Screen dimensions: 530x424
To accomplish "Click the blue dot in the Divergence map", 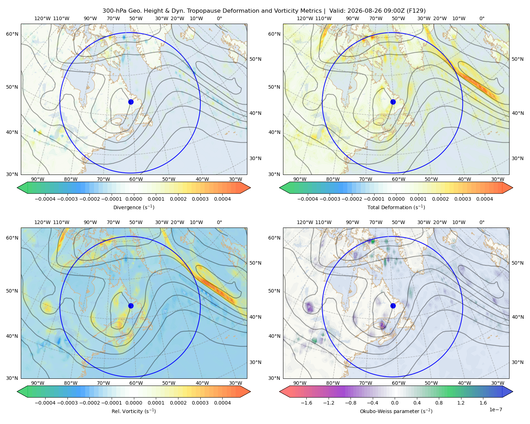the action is [131, 102].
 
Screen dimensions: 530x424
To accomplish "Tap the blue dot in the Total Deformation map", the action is [393, 102].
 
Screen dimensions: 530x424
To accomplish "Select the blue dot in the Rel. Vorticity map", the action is [131, 306].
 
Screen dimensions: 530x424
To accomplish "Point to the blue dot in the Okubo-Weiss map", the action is [393, 306].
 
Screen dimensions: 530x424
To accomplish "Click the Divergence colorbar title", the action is [134, 207].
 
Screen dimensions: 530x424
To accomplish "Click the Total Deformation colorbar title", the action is [396, 207].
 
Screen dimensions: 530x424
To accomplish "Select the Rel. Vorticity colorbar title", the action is [134, 411].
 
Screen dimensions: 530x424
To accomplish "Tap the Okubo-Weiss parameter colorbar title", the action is [396, 411].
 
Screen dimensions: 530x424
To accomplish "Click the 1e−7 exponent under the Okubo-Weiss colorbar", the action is [495, 410].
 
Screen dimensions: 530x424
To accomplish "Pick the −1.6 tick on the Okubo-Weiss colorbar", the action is [306, 403].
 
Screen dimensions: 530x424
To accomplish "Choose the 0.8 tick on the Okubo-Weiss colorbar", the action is [439, 403].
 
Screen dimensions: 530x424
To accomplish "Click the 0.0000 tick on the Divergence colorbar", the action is [134, 199].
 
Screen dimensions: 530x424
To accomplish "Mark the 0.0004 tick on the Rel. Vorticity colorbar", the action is [222, 403].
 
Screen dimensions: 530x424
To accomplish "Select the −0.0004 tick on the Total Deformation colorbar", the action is [307, 199].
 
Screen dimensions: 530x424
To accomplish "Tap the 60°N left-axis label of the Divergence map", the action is [12, 34].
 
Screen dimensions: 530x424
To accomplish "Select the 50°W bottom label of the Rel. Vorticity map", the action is [169, 383].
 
